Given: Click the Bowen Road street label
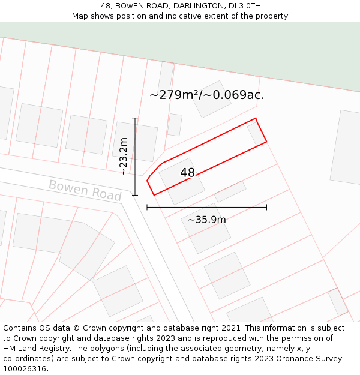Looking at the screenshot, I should tap(85, 190).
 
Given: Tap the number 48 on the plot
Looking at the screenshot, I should tap(187, 173).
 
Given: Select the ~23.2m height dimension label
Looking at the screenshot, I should tap(124, 156).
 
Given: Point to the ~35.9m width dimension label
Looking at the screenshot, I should tap(206, 220).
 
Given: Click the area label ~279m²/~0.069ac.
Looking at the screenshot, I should tap(206, 95).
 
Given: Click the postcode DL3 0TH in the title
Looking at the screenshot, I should tap(245, 6).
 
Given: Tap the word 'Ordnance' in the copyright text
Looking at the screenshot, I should tap(275, 359).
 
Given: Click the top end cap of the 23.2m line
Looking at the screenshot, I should tap(135, 118).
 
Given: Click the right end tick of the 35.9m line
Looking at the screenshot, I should tap(266, 208).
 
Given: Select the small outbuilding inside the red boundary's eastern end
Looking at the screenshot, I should tap(256, 134).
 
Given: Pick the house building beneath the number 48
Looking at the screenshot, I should tap(181, 181).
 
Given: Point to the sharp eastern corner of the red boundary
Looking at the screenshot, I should tap(266, 142).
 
